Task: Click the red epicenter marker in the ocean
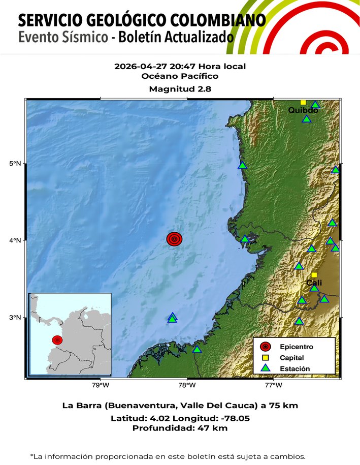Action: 174,239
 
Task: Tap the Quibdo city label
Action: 303,110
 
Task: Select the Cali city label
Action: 314,283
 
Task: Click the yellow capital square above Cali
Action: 314,275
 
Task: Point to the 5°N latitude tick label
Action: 15,164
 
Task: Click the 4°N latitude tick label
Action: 15,240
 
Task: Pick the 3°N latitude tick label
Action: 15,318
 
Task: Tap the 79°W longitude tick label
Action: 101,385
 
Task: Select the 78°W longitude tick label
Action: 187,385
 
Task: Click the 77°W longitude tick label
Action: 274,385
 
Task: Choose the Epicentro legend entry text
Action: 296,347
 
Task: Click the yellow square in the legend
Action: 265,358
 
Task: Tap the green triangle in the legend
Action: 265,368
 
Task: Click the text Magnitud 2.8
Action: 180,89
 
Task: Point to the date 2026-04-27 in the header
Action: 136,67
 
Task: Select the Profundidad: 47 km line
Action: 180,428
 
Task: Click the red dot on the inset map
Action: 57,339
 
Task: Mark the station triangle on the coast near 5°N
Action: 242,165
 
